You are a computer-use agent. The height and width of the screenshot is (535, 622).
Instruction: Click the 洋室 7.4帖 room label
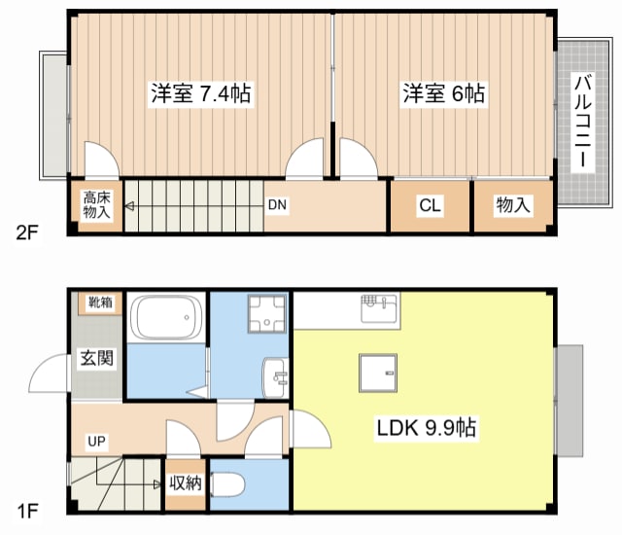click(201, 94)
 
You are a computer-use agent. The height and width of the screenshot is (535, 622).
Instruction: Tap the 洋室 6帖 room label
click(444, 94)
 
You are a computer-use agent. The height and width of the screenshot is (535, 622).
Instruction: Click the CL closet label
click(431, 206)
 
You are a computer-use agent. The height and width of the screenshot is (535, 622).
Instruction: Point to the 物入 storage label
click(513, 206)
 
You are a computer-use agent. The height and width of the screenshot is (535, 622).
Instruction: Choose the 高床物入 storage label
click(95, 206)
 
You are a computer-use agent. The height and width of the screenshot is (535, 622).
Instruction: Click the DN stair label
click(277, 205)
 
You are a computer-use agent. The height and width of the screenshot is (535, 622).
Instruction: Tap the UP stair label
click(97, 442)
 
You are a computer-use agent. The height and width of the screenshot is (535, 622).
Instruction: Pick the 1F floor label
click(26, 509)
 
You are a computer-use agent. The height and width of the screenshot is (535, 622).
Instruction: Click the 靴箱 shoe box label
click(101, 303)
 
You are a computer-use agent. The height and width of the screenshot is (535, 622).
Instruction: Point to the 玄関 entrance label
click(96, 358)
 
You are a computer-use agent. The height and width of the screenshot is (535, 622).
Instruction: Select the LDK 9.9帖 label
click(420, 427)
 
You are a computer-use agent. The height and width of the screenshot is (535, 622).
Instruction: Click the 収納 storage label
click(185, 483)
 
